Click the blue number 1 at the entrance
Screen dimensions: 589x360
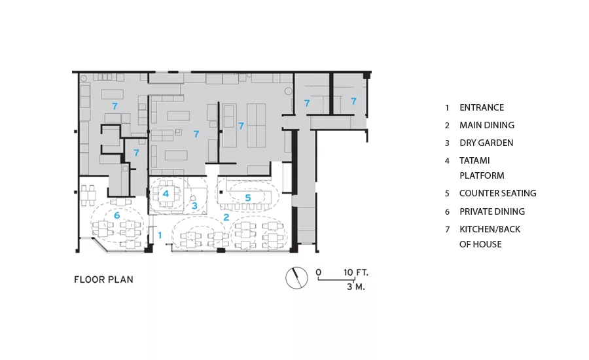coord(160,235)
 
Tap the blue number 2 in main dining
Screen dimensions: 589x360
coord(226,217)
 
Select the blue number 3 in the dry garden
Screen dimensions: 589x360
coord(194,206)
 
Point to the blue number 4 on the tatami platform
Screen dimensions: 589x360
coord(166,194)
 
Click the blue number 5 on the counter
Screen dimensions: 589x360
coord(248,198)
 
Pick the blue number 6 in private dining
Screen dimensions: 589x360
coord(117,215)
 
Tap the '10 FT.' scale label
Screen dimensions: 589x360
coord(356,272)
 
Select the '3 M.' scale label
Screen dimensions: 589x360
coord(356,287)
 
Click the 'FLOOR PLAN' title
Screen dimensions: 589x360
coord(103,279)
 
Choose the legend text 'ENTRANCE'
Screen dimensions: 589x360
coord(482,107)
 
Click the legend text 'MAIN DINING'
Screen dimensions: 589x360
coord(487,125)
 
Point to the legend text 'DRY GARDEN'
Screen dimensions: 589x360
coord(486,143)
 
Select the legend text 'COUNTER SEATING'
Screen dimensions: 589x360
coord(498,193)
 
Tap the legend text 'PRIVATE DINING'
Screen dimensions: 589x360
coord(492,211)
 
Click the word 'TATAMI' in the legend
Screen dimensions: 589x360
coord(474,160)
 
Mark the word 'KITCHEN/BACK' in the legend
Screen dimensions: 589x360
coord(490,229)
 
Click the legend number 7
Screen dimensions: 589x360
coord(447,230)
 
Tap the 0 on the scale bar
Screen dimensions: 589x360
coord(319,272)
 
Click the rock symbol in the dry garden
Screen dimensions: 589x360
coord(193,198)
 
